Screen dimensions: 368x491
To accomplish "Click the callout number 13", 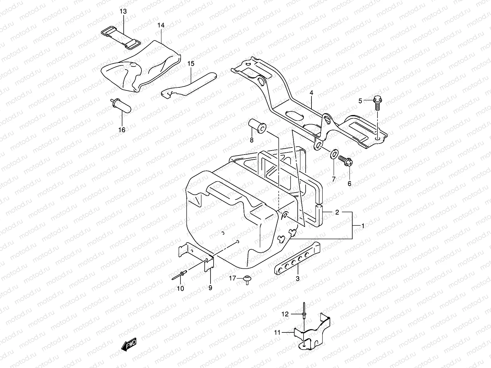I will [x=123, y=11].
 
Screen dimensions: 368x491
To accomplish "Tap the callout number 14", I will [x=161, y=25].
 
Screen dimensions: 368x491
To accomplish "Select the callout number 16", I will [x=122, y=130].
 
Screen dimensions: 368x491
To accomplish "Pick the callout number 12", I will [x=285, y=314].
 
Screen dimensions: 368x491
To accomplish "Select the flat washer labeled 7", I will [x=334, y=154].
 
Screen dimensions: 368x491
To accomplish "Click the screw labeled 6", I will [x=346, y=160].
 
